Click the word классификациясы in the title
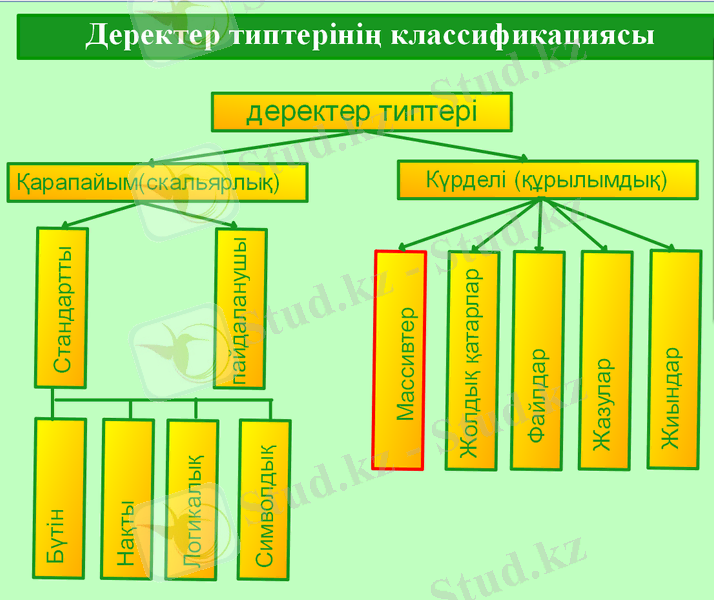[522, 36]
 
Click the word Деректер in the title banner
[153, 36]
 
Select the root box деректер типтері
[362, 112]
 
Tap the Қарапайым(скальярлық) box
[158, 182]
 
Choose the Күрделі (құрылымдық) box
[547, 180]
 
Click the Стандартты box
[61, 308]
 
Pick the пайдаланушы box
[240, 309]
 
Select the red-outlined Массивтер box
[399, 360]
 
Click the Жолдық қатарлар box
[472, 360]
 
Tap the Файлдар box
[538, 360]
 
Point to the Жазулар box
[606, 360]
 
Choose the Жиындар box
[674, 359]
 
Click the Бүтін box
[59, 498]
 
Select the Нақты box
[127, 499]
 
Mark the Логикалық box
[192, 500]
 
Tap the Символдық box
[264, 500]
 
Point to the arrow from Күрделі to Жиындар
[607, 224]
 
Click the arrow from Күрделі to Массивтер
[469, 224]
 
